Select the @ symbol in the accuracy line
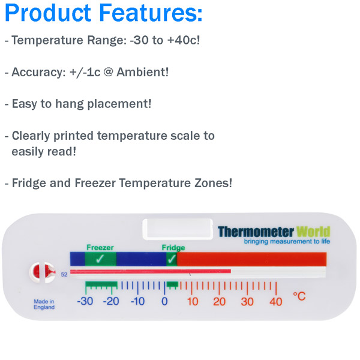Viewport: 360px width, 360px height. (109, 72)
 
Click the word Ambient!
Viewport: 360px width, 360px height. (143, 72)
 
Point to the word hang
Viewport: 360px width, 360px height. (70, 104)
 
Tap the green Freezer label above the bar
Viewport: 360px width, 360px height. (100, 247)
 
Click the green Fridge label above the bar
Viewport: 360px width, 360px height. (173, 248)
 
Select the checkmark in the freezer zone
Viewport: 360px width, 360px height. (100, 259)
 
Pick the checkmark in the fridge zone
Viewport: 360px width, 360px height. (172, 259)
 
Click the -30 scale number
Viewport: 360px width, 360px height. (85, 301)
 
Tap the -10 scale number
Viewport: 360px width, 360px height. (137, 301)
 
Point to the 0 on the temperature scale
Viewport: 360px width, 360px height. (164, 301)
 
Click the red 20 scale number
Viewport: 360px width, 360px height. (219, 302)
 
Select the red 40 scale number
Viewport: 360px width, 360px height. (276, 302)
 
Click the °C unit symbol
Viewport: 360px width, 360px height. (299, 296)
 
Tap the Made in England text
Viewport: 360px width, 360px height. (44, 304)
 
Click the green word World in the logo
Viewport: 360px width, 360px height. (313, 232)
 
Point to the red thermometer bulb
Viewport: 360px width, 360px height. (43, 272)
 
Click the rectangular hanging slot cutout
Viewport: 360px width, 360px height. (178, 229)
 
